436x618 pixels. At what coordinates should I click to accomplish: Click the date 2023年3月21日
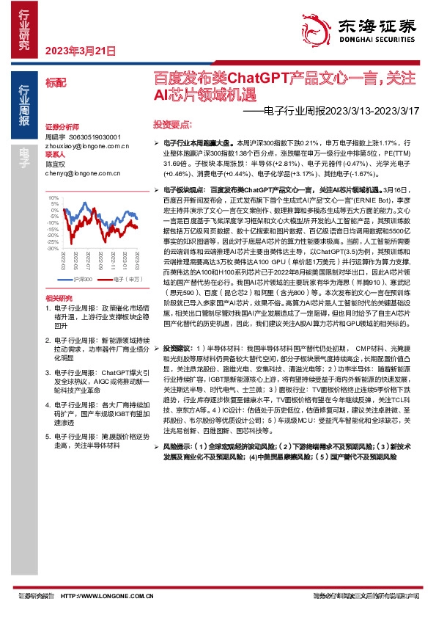pyautogui.click(x=81, y=51)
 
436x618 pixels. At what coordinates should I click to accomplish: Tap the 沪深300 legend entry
pyautogui.click(x=84, y=258)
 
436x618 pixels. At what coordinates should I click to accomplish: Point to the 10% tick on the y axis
pyautogui.click(x=53, y=197)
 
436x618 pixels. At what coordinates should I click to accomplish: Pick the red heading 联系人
pyautogui.click(x=56, y=155)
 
